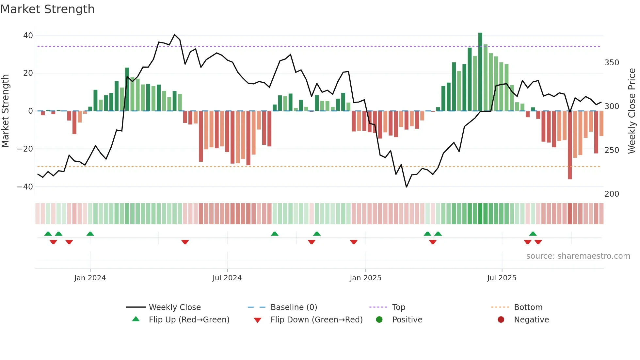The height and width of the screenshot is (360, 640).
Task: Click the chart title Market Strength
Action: click(47, 9)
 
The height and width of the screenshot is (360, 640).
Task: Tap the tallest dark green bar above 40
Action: click(480, 72)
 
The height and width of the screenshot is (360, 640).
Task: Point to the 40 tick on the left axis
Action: click(28, 35)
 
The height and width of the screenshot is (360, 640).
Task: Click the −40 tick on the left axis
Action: click(25, 187)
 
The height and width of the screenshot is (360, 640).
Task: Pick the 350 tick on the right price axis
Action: click(612, 62)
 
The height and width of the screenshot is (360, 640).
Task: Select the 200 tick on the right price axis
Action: click(612, 194)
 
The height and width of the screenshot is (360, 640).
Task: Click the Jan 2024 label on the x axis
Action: click(90, 278)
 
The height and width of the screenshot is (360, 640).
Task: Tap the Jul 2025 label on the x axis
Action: click(502, 278)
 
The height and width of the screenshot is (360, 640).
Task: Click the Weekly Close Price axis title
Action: click(632, 111)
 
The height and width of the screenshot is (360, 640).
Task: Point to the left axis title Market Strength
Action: click(5, 111)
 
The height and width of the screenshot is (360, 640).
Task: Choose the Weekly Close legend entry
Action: click(175, 307)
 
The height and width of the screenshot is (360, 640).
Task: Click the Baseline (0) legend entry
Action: click(294, 307)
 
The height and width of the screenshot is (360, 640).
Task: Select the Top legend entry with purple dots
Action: click(398, 307)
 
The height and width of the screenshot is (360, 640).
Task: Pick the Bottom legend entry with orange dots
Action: click(528, 307)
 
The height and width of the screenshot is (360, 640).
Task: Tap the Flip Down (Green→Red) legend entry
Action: click(316, 320)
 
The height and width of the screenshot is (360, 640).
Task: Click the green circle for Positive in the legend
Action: click(379, 320)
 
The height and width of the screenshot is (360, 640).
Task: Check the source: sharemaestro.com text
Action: click(578, 256)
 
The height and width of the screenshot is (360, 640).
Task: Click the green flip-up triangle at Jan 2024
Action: click(90, 234)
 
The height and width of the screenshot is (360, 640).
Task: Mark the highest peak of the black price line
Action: click(175, 35)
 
